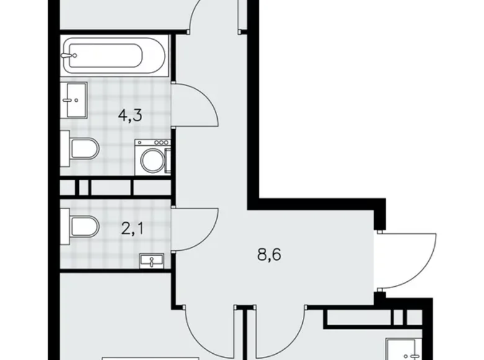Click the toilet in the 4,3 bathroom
coord(83,150)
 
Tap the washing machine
coord(153,158)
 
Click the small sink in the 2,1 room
coord(152,261)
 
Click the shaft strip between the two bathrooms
coord(115,187)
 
